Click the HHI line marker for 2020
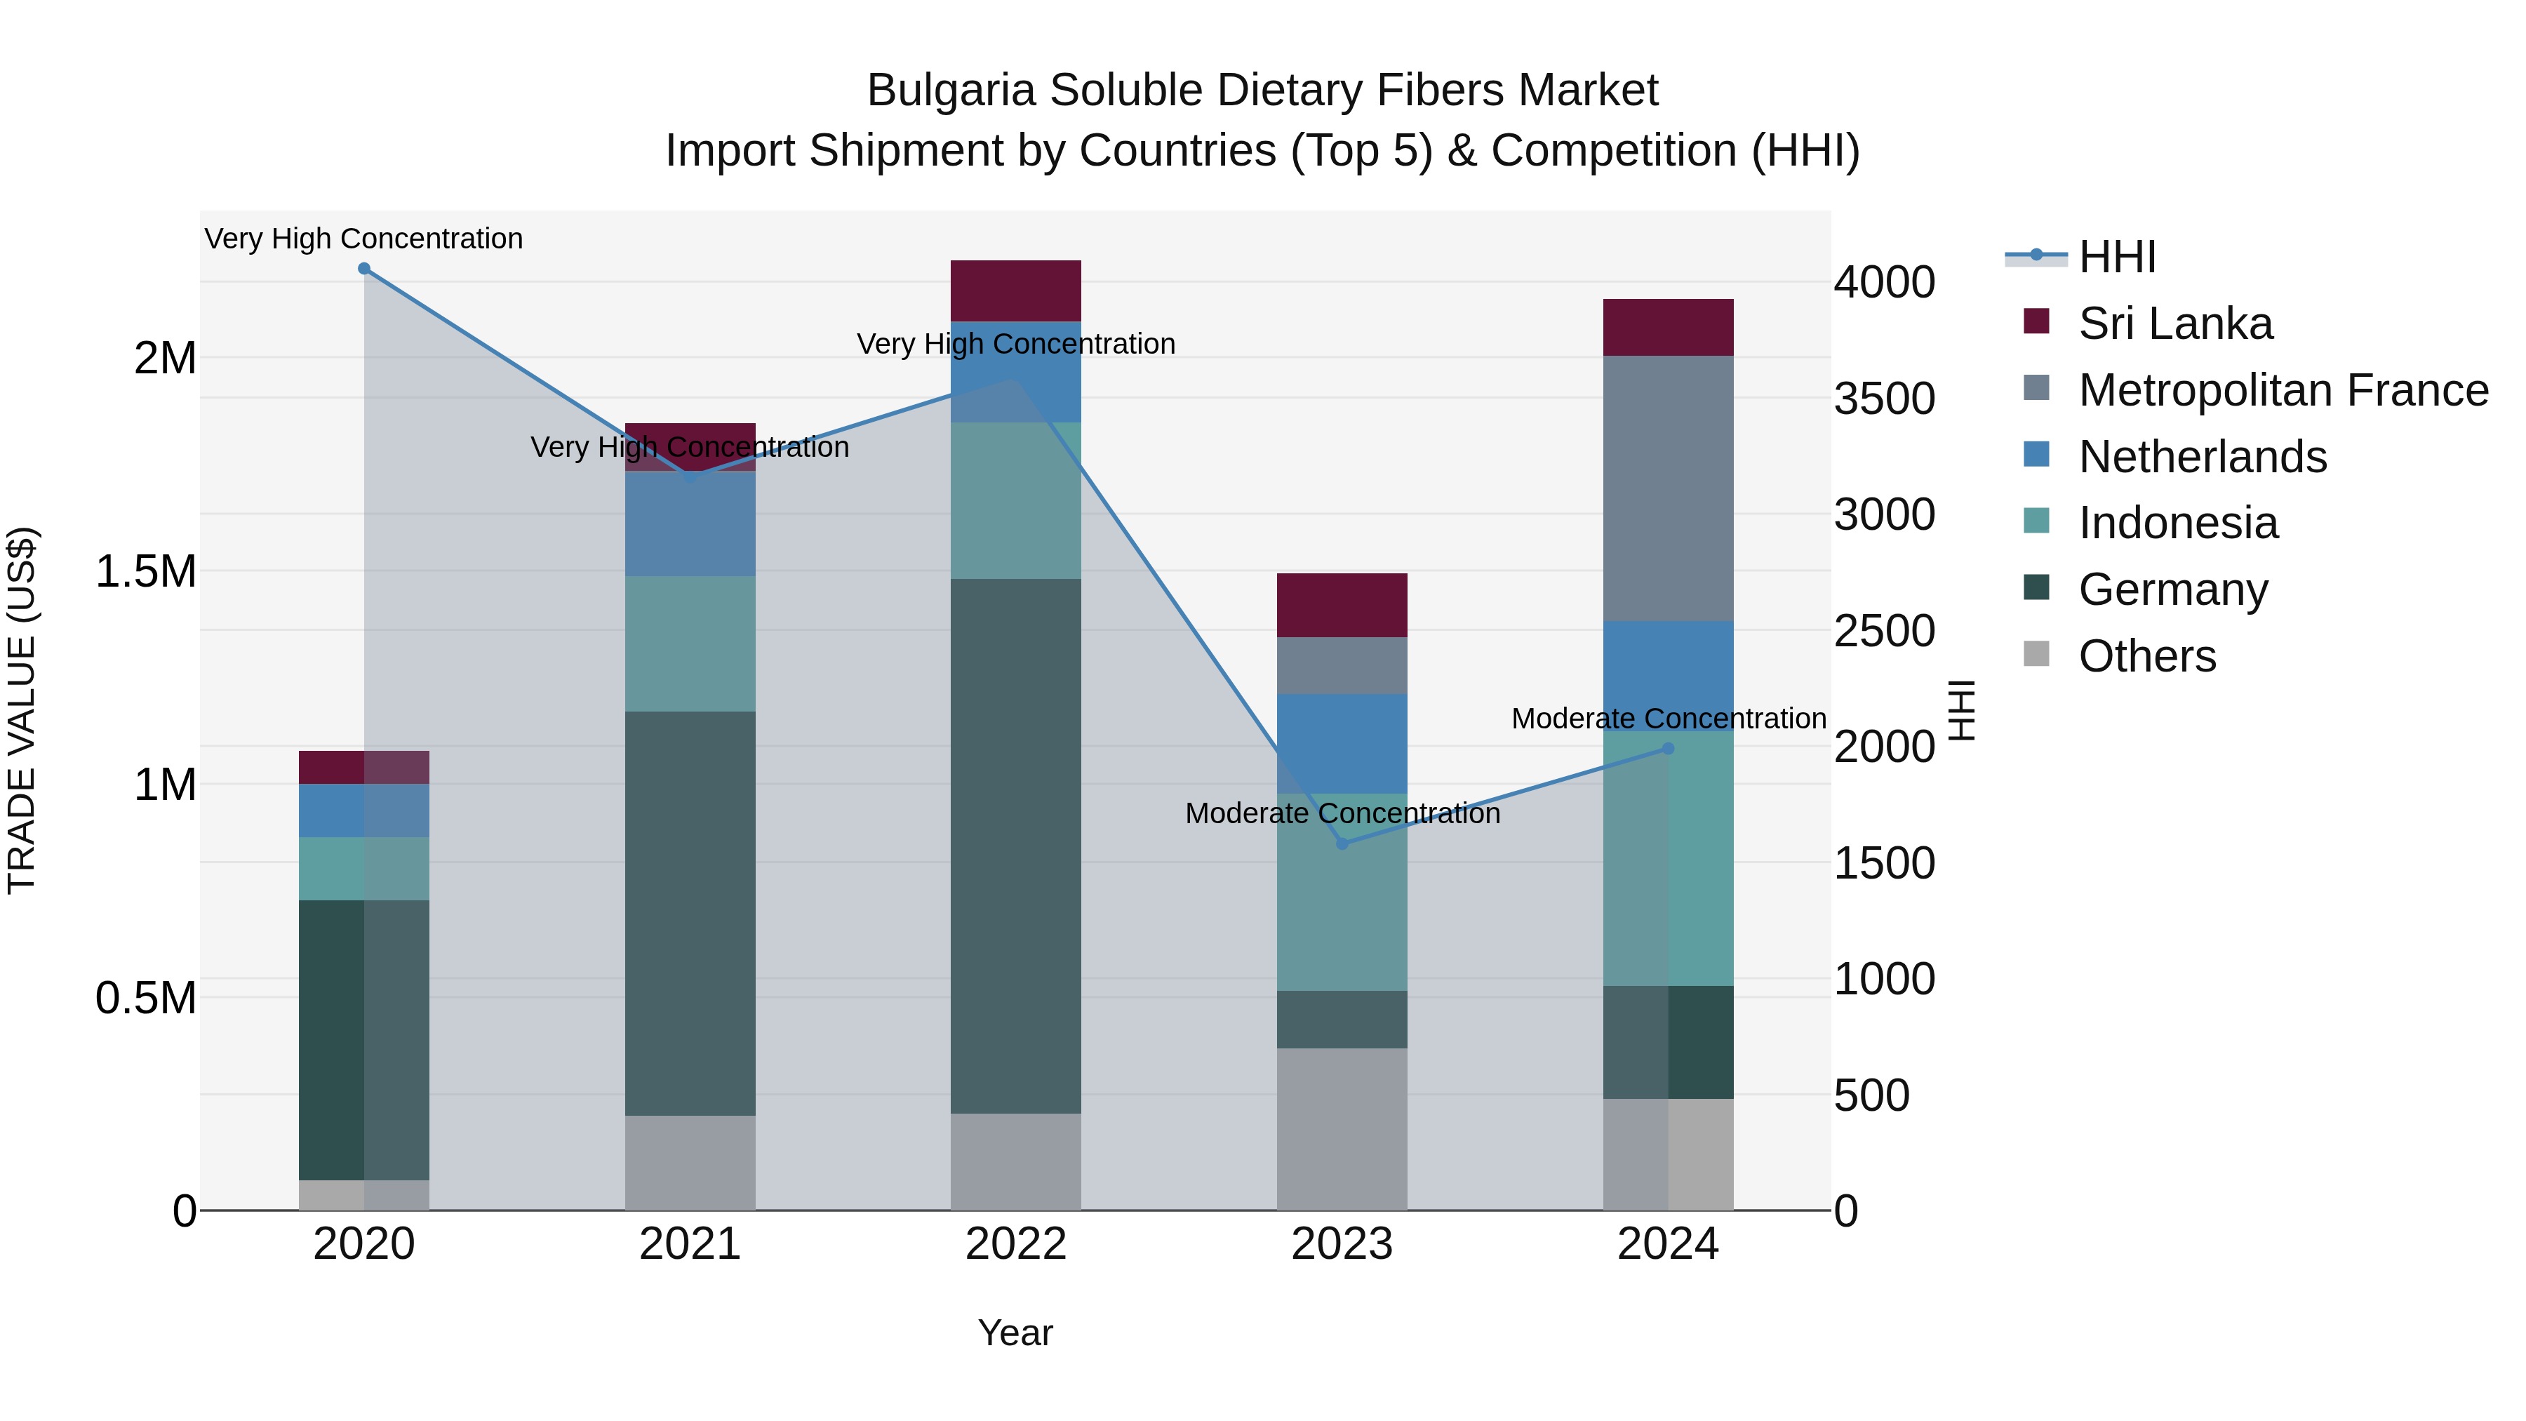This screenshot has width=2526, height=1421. (363, 269)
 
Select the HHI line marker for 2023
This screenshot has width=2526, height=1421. (1342, 843)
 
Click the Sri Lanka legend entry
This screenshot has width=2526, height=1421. (2175, 323)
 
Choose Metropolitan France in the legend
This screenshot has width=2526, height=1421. (2283, 390)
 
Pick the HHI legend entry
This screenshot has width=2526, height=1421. (2116, 257)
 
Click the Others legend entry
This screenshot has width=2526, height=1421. (2146, 656)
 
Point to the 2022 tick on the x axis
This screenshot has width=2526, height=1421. (1016, 1244)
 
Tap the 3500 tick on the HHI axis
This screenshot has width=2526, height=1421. (1885, 399)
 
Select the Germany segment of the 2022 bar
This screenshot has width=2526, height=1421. (1016, 846)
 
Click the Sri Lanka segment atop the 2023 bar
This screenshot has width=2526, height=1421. (1342, 605)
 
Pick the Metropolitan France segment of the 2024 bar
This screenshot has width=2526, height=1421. (1668, 488)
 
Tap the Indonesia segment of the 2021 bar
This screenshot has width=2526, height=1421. (690, 643)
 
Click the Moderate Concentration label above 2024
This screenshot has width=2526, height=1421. (1668, 719)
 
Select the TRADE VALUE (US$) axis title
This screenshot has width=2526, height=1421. (22, 710)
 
